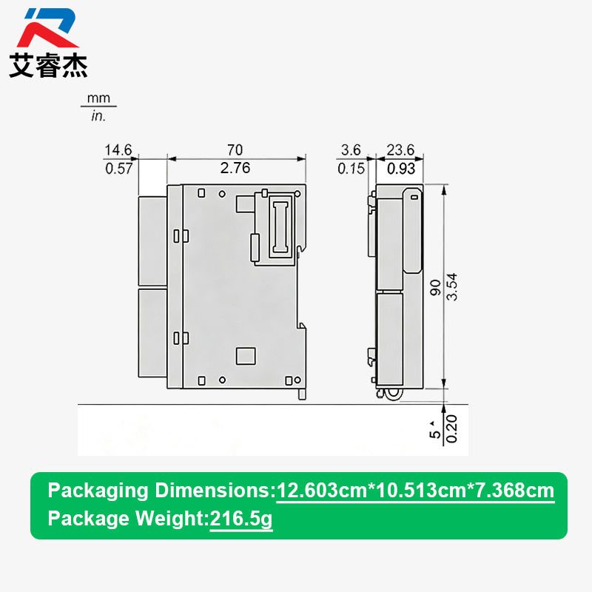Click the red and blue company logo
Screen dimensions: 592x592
point(48,27)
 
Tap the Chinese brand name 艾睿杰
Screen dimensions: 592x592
point(48,65)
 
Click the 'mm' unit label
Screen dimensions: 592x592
point(98,98)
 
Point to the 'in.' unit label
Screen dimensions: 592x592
point(98,116)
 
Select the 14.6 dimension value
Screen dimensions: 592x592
point(118,150)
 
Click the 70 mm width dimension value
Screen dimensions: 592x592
point(235,150)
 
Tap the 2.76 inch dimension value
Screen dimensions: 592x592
point(235,168)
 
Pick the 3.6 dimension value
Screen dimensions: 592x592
point(351,150)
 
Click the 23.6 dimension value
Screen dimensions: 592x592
point(400,150)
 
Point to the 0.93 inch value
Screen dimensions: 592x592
point(401,169)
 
